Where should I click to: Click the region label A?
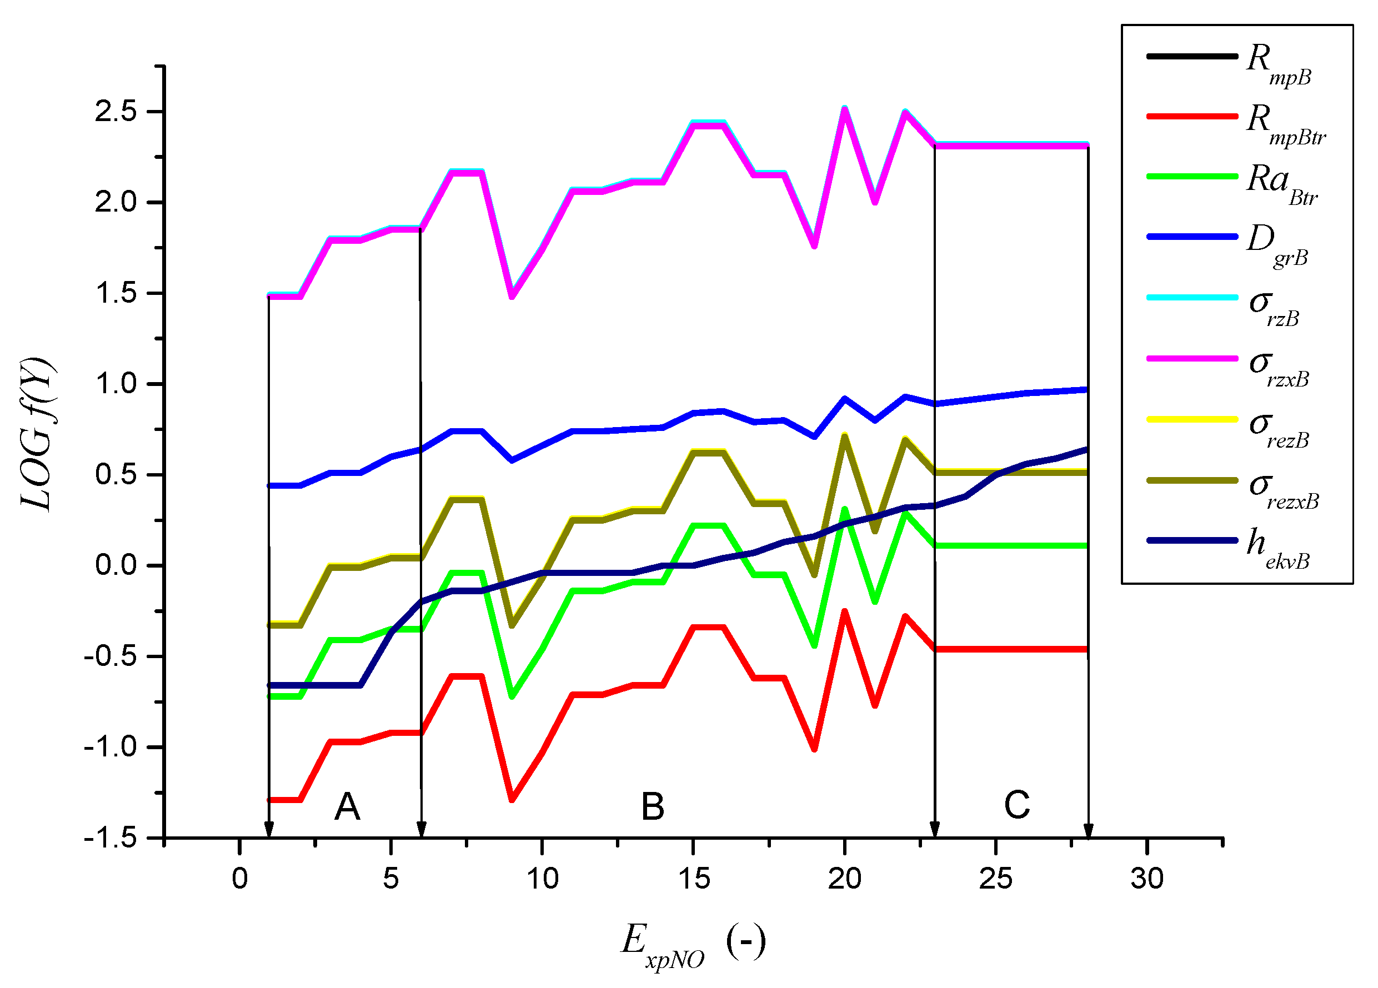pyautogui.click(x=348, y=807)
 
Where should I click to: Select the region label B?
pyautogui.click(x=653, y=807)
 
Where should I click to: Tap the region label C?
pyautogui.click(x=1017, y=805)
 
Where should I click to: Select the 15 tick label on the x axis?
pyautogui.click(x=693, y=879)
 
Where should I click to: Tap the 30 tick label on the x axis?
pyautogui.click(x=1147, y=879)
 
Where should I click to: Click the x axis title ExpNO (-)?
pyautogui.click(x=693, y=944)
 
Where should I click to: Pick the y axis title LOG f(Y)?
pyautogui.click(x=38, y=435)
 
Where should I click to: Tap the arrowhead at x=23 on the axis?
pyautogui.click(x=935, y=829)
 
